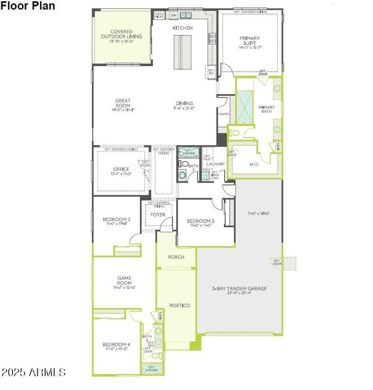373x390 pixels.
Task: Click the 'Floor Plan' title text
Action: (28, 6)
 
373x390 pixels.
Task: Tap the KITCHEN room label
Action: (182, 28)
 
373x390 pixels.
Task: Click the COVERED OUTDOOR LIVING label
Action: (123, 34)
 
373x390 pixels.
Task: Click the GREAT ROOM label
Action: (123, 103)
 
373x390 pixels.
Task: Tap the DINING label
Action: (185, 103)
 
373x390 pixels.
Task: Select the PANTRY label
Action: (223, 113)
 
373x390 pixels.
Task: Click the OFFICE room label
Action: (121, 170)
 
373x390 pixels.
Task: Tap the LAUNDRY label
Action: (216, 164)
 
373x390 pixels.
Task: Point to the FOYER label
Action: (158, 215)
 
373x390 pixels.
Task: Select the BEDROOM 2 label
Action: (200, 221)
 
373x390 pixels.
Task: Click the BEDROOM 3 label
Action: (116, 220)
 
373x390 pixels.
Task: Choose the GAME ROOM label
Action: (124, 280)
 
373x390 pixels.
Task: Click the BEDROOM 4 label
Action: (116, 345)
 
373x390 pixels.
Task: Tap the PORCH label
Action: (176, 257)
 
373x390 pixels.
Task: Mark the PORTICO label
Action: (180, 305)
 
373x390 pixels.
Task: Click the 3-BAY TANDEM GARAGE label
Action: (239, 289)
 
